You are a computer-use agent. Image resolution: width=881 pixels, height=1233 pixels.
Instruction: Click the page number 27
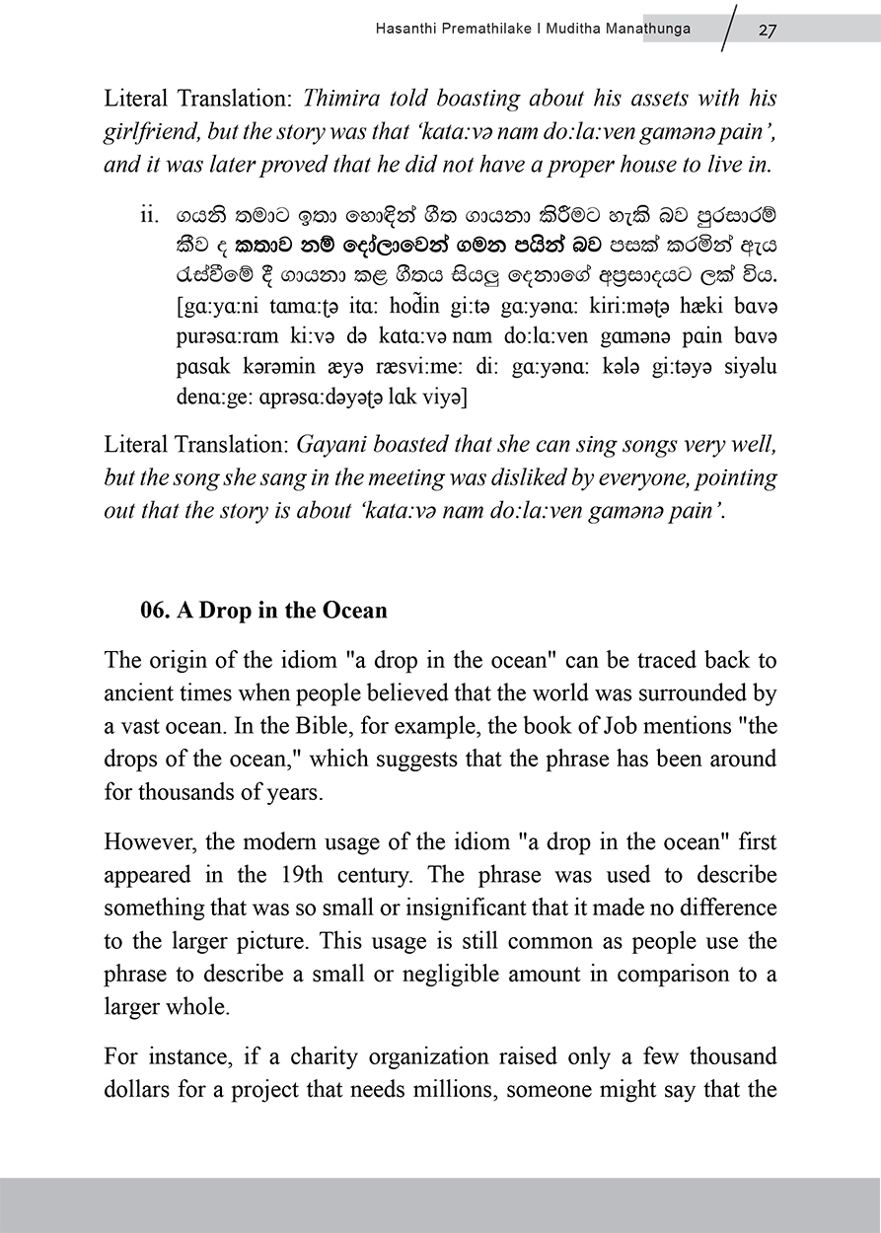coord(767,30)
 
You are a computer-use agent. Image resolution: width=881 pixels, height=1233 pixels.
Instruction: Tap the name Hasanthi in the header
coord(404,30)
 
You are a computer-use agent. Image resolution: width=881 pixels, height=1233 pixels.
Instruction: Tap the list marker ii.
coord(151,214)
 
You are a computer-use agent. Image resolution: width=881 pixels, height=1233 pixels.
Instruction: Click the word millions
coord(489,1091)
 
